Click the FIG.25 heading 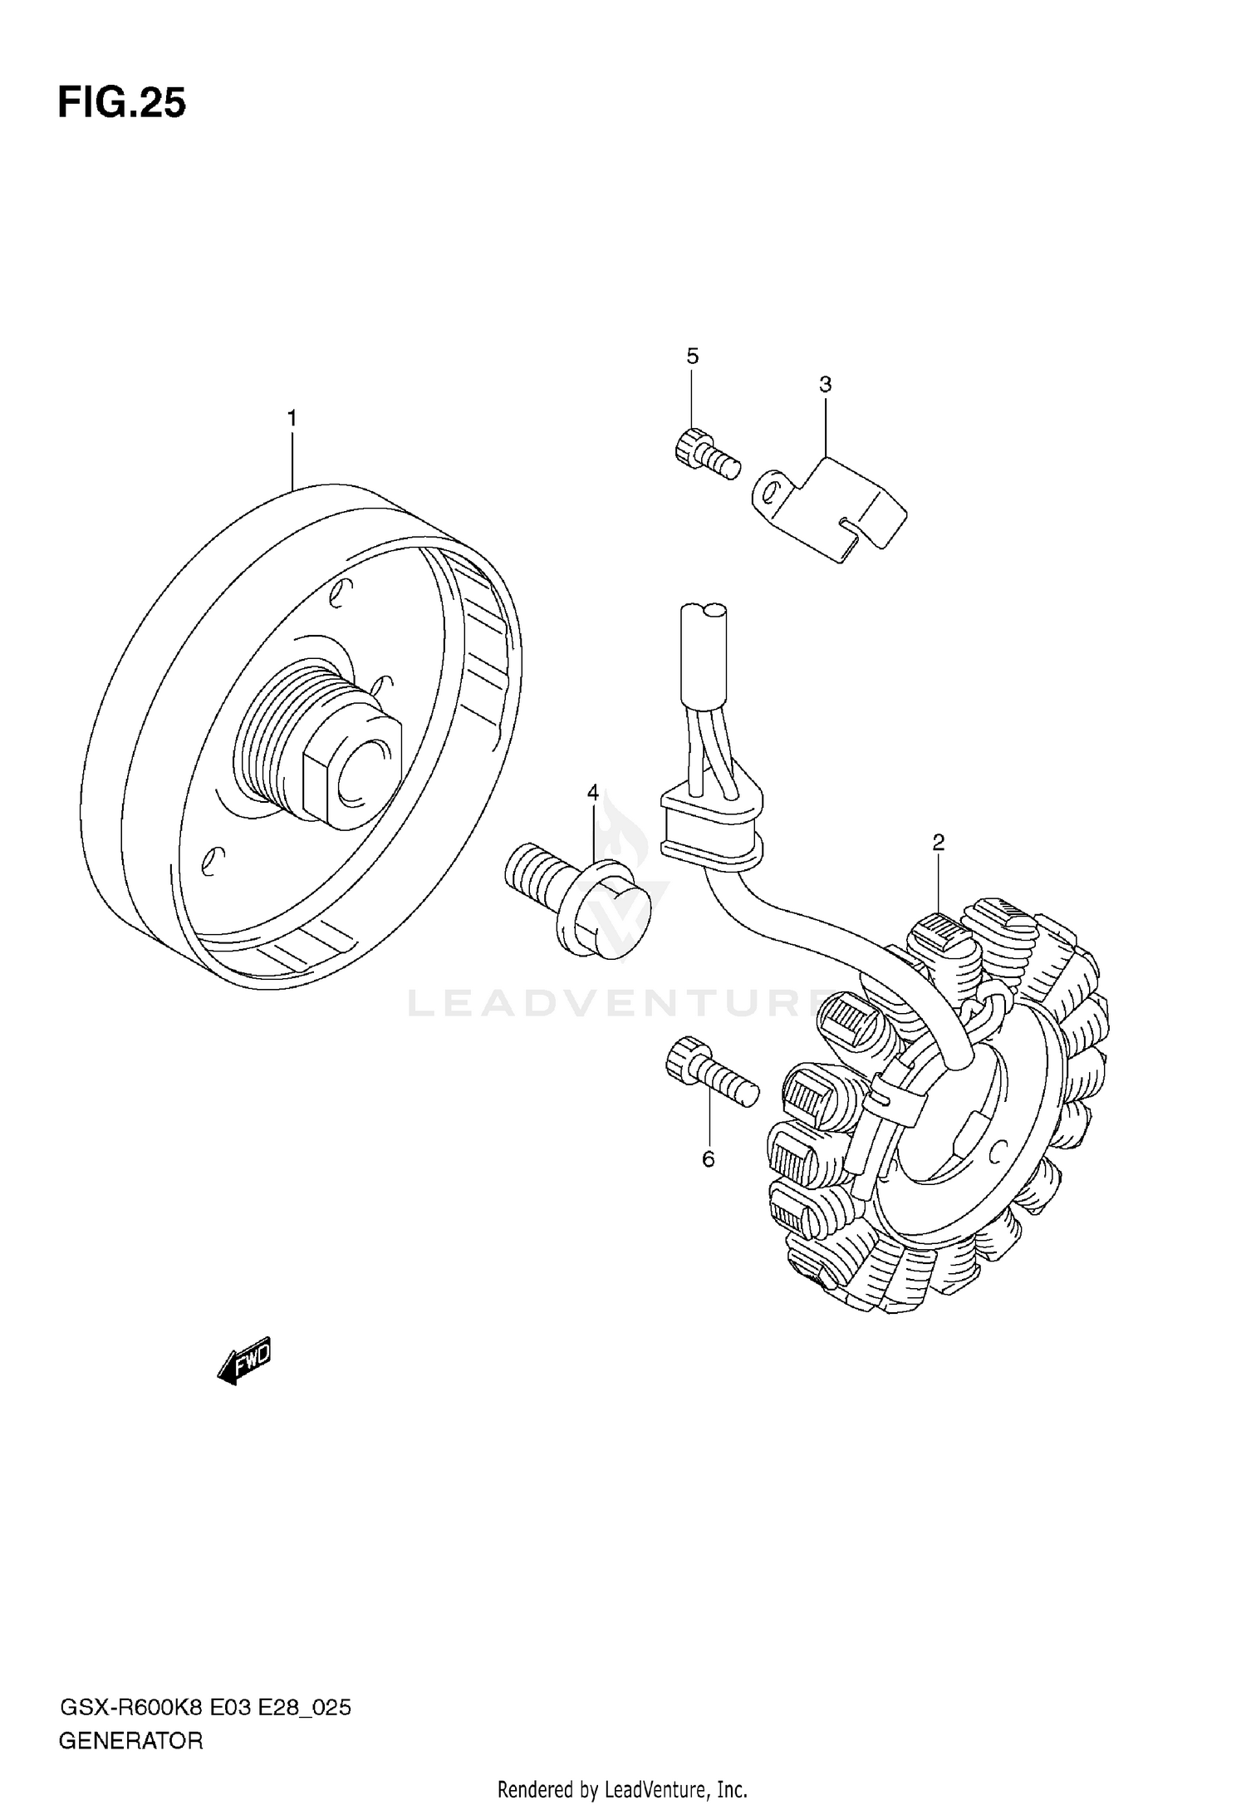pyautogui.click(x=121, y=104)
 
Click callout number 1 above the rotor pyautogui.click(x=292, y=419)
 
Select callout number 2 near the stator pyautogui.click(x=938, y=843)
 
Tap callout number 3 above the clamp pyautogui.click(x=825, y=384)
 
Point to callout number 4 pyautogui.click(x=592, y=793)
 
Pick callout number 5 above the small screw pyautogui.click(x=692, y=357)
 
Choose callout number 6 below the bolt pyautogui.click(x=708, y=1158)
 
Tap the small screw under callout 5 pyautogui.click(x=704, y=453)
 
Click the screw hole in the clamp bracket pyautogui.click(x=772, y=490)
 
